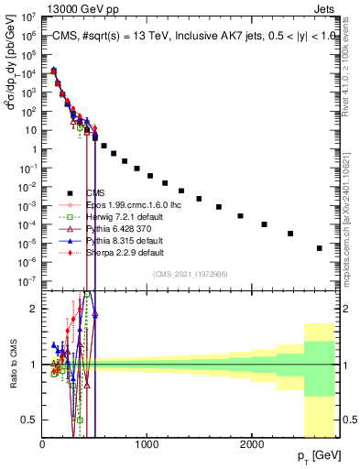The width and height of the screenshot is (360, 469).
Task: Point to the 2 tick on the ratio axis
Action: pos(34,309)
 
